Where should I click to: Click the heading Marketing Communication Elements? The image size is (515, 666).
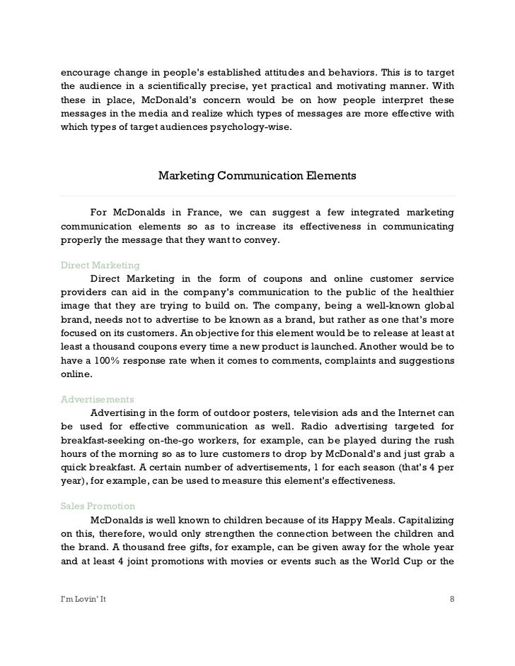(257, 174)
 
